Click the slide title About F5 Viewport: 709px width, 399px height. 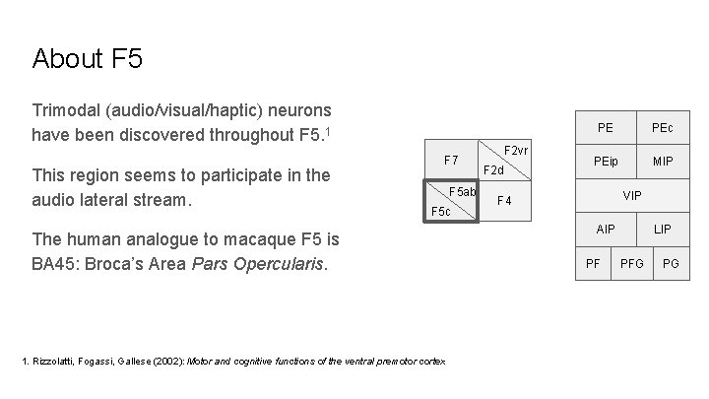point(87,58)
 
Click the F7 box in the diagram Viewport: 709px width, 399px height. point(451,159)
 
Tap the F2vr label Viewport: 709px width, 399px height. point(517,150)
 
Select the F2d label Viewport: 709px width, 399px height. point(492,170)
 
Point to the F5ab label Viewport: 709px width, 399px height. point(463,191)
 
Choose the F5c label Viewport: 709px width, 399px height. point(440,212)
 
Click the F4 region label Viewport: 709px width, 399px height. point(505,201)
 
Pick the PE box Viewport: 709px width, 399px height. point(606,128)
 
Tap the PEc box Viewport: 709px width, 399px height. point(662,128)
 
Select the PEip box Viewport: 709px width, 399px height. point(606,161)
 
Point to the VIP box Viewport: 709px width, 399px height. point(632,195)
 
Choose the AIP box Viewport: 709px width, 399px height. point(606,229)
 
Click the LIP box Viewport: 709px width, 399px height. point(663,229)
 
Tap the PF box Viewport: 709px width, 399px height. point(594,263)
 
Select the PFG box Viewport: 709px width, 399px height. point(632,263)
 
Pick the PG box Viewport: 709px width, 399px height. point(671,263)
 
